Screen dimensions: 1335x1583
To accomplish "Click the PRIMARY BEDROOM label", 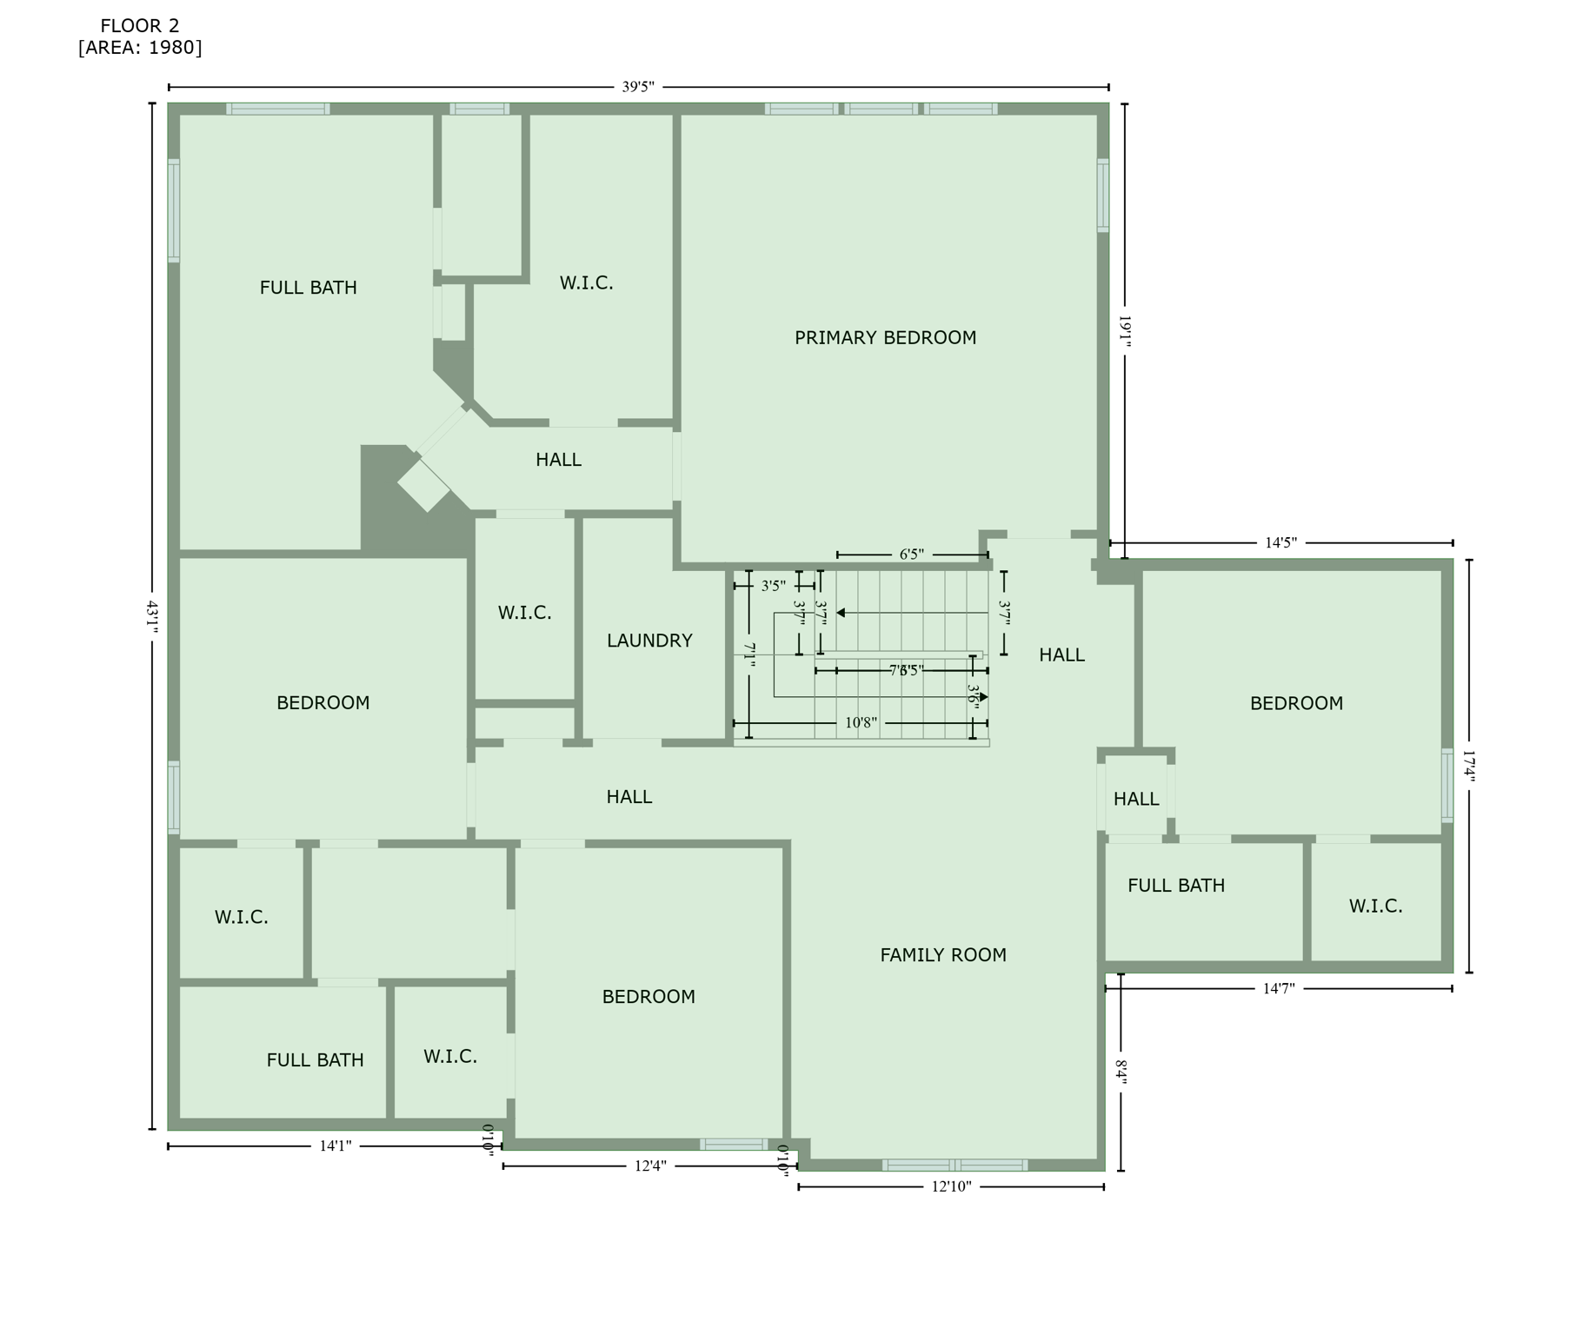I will click(x=885, y=337).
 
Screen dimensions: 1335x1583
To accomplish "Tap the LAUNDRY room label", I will click(x=649, y=641).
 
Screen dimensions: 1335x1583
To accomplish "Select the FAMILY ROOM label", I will click(x=943, y=955).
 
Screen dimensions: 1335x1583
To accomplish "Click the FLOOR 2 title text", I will click(x=139, y=26).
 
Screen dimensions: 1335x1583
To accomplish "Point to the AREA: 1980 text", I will click(x=139, y=48).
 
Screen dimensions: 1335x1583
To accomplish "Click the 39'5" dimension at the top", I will click(x=638, y=87).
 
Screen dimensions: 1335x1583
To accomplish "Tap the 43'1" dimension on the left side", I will click(x=152, y=616).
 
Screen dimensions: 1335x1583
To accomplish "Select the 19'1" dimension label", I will click(x=1124, y=331).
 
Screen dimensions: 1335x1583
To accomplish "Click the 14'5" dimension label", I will click(x=1280, y=543).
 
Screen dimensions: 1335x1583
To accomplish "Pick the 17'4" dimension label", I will click(x=1469, y=767).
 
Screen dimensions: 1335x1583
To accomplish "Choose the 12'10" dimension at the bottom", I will click(x=951, y=1187).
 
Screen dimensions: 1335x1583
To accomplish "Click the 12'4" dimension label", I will click(x=650, y=1166).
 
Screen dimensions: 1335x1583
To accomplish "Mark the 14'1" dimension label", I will click(x=336, y=1146).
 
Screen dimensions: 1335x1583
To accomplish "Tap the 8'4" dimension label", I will click(x=1121, y=1073).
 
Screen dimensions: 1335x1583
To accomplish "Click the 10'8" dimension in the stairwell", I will click(x=861, y=723).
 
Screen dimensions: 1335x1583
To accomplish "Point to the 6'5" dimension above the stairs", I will click(x=911, y=555).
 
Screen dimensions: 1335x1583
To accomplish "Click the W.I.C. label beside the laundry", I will click(x=524, y=613).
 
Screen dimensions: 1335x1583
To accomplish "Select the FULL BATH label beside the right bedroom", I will click(x=1176, y=886).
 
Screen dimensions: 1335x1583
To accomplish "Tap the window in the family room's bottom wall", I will click(x=954, y=1165).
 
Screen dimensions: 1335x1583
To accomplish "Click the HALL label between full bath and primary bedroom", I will click(x=558, y=460).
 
